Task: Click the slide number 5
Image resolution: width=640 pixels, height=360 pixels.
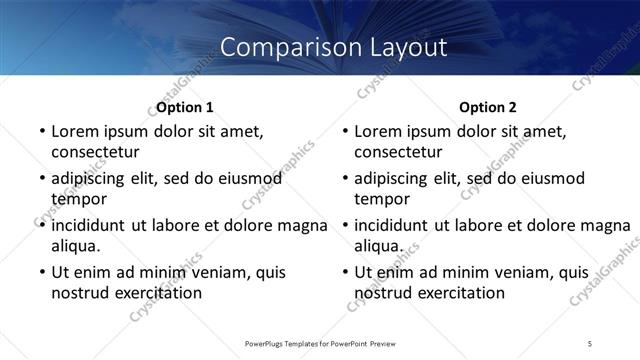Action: point(591,344)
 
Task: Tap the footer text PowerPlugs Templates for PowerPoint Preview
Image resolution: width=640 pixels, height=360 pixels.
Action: point(319,344)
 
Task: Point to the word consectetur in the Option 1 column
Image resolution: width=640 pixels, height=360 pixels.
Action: point(95,153)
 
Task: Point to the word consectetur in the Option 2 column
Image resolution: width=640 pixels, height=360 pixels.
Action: point(398,153)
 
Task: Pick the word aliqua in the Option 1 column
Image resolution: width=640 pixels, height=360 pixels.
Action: point(76,246)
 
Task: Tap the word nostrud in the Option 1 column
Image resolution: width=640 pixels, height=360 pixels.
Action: point(79,293)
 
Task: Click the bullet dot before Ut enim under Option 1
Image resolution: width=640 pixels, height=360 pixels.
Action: point(40,272)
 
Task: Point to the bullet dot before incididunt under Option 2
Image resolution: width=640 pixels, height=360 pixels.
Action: point(343,225)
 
